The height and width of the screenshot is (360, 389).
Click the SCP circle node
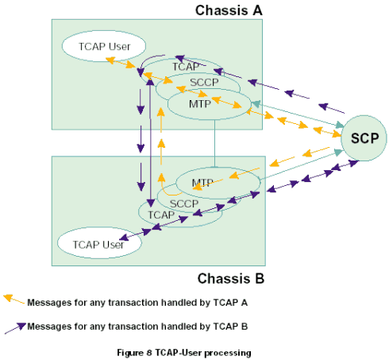364,138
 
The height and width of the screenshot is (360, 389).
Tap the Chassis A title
229,10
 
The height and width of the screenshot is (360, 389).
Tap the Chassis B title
231,279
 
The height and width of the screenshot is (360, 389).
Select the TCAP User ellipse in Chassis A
104,46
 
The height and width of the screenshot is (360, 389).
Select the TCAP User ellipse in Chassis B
99,243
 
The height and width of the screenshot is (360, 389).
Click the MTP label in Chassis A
200,104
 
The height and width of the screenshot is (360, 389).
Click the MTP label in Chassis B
202,183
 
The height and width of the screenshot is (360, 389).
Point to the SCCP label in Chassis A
204,83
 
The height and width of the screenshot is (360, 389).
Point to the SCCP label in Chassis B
184,203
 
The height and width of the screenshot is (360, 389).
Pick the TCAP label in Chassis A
186,67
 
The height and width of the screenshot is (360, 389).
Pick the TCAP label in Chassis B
161,215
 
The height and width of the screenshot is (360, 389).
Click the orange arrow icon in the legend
13,300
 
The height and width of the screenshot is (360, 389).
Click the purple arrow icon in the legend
15,328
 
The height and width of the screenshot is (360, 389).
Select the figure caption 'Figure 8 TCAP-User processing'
184,353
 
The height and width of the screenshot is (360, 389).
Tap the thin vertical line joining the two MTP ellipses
214,143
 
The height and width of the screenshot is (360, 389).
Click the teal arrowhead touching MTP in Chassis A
256,103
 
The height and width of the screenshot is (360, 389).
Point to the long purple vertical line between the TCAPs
151,142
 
